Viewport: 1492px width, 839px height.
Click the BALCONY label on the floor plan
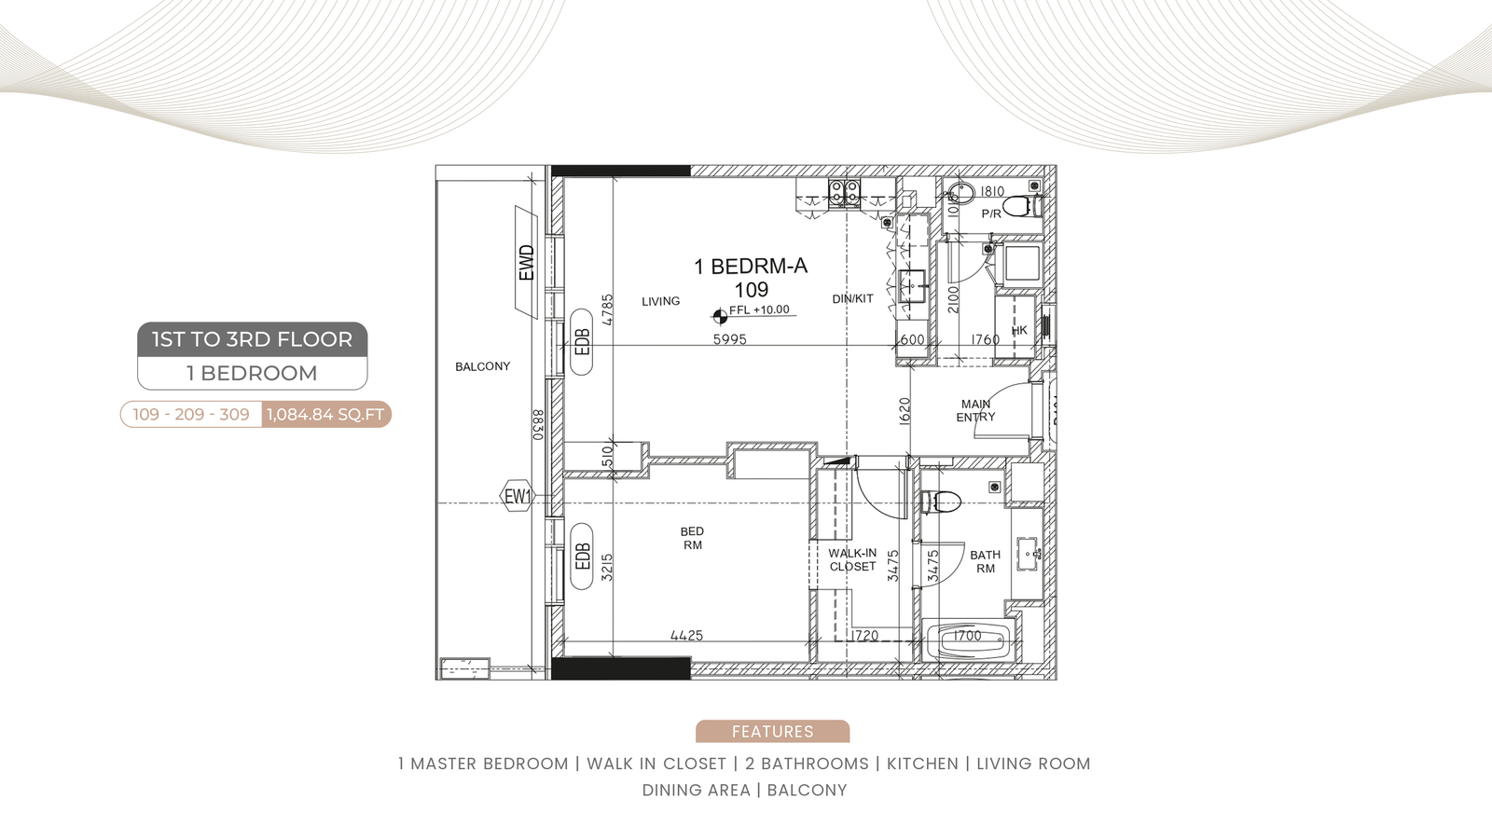pos(482,366)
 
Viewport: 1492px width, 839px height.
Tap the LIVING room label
pos(661,301)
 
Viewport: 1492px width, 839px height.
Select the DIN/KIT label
pos(852,299)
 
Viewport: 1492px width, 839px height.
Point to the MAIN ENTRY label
pos(975,410)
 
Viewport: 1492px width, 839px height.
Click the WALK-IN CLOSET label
pos(852,560)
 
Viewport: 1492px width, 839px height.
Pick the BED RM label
pos(692,538)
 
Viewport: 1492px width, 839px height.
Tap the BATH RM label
pos(985,561)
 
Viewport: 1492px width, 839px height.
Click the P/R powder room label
pos(991,213)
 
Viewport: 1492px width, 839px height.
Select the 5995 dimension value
pos(730,339)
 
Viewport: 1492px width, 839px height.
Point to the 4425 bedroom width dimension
pos(686,635)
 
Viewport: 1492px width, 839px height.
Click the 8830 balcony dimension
pos(538,424)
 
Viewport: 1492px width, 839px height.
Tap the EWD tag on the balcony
pos(526,262)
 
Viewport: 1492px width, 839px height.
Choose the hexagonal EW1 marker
pos(518,496)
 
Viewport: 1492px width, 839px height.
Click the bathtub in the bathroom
pos(971,640)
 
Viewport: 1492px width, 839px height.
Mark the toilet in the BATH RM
pos(941,502)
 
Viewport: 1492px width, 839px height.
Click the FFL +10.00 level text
pos(759,309)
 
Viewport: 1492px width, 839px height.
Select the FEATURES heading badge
pos(773,731)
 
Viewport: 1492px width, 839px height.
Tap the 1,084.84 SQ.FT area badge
pos(325,414)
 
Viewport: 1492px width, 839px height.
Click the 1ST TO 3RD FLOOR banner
pos(253,339)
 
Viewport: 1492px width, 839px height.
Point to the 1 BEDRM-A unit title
pos(751,267)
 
